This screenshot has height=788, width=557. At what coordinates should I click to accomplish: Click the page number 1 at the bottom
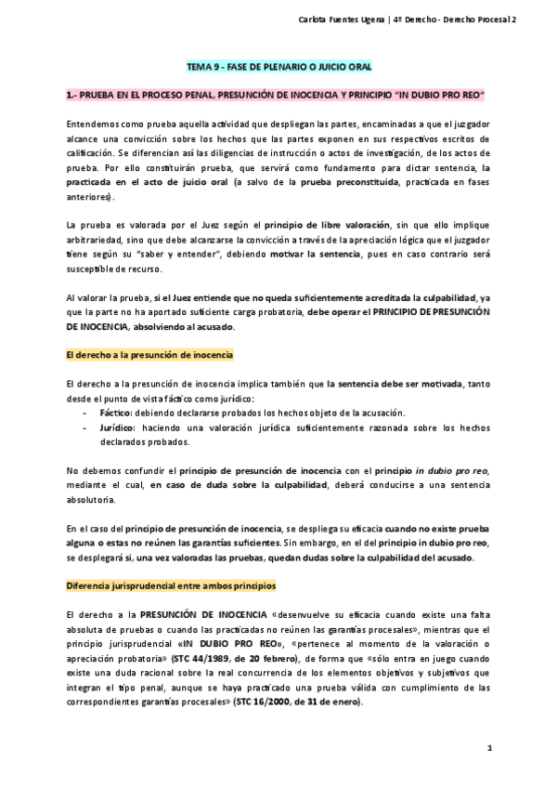coord(488,747)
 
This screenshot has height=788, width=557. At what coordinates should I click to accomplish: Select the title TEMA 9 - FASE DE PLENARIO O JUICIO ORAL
coord(279,69)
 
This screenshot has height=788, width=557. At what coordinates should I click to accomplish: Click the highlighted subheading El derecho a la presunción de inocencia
coord(149,355)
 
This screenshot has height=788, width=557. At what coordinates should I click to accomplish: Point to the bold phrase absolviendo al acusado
coord(188,327)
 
